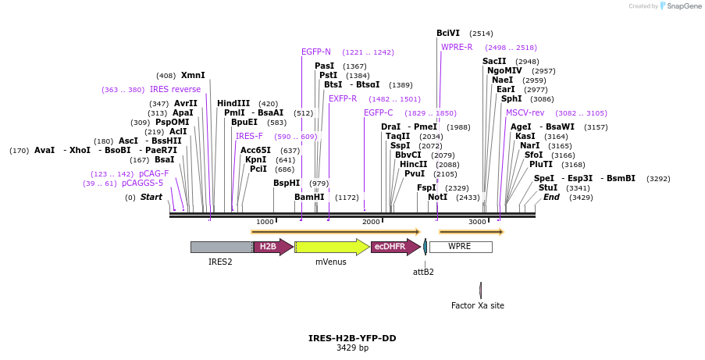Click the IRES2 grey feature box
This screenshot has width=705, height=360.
tap(221, 247)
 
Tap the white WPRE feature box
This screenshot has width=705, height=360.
tap(461, 247)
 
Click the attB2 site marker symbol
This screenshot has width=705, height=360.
tap(425, 248)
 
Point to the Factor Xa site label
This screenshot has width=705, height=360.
tap(478, 305)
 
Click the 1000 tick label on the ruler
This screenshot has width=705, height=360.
tap(265, 222)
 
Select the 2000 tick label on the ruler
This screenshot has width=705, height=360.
tap(371, 222)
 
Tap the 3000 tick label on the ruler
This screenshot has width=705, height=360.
tap(477, 222)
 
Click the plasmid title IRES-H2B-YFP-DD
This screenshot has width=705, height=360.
tap(352, 338)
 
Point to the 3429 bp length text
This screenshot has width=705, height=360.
tap(352, 348)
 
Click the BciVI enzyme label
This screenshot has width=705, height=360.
tap(448, 33)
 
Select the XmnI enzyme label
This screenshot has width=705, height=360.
tap(193, 76)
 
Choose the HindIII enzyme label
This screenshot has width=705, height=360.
tap(233, 103)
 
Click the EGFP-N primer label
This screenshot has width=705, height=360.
tap(316, 52)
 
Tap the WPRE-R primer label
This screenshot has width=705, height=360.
tap(457, 47)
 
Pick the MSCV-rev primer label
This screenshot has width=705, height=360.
tap(525, 113)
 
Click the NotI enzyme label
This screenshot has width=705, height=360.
tap(438, 197)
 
